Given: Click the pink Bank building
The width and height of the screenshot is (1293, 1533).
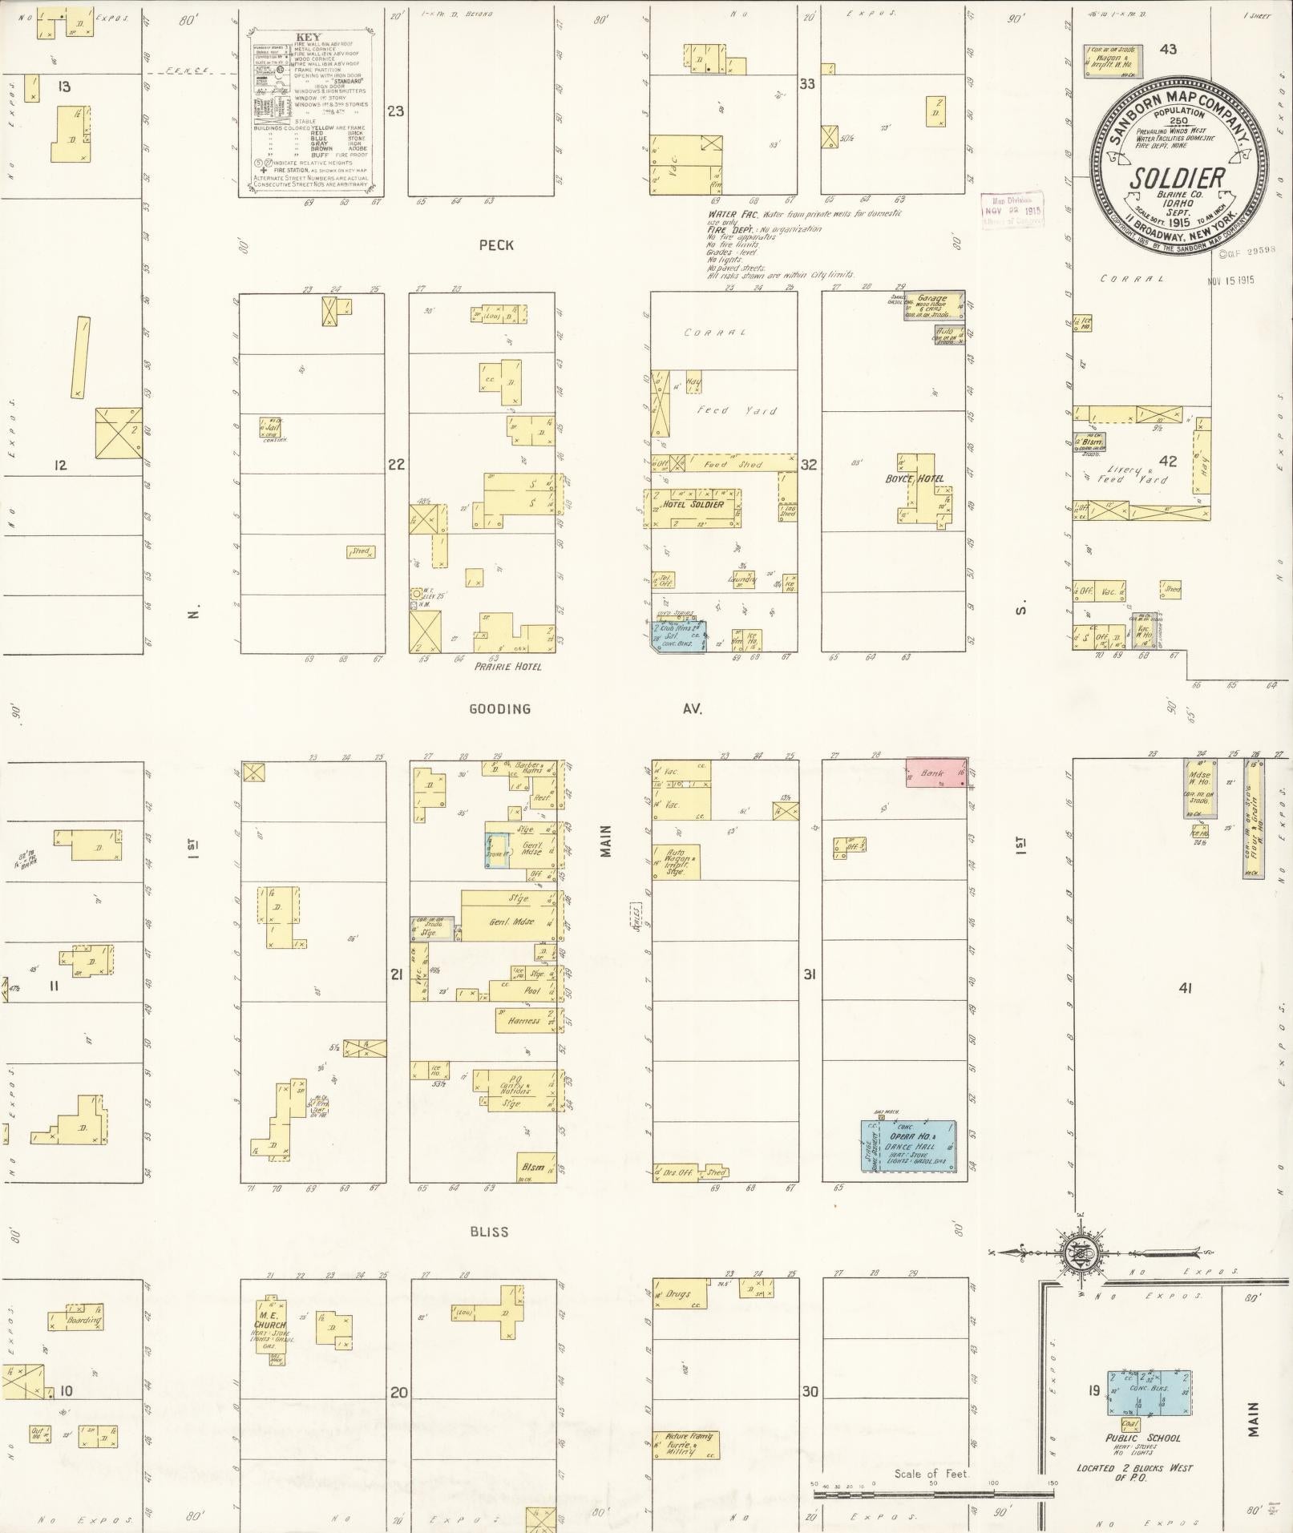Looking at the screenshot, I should click(936, 773).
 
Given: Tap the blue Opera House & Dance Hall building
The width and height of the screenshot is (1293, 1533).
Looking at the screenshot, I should click(908, 1146).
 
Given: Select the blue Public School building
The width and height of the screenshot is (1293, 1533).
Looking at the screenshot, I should click(1149, 1392).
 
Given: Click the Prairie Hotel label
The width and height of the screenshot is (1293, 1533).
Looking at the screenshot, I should click(507, 666).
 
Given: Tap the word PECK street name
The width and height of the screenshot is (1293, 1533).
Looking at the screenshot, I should click(495, 246).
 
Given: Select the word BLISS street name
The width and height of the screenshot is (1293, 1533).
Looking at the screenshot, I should click(489, 1232).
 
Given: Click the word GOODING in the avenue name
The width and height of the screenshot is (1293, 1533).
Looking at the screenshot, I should click(499, 709).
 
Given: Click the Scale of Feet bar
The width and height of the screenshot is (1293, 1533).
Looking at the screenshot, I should click(934, 1494).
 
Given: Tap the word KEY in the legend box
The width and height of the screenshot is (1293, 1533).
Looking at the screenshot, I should click(307, 37).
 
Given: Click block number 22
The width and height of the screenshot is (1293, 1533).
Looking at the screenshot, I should click(396, 464).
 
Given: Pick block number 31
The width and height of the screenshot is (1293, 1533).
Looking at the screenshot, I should click(810, 974).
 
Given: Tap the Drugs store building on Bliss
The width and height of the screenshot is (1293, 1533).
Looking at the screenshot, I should click(679, 1293).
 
